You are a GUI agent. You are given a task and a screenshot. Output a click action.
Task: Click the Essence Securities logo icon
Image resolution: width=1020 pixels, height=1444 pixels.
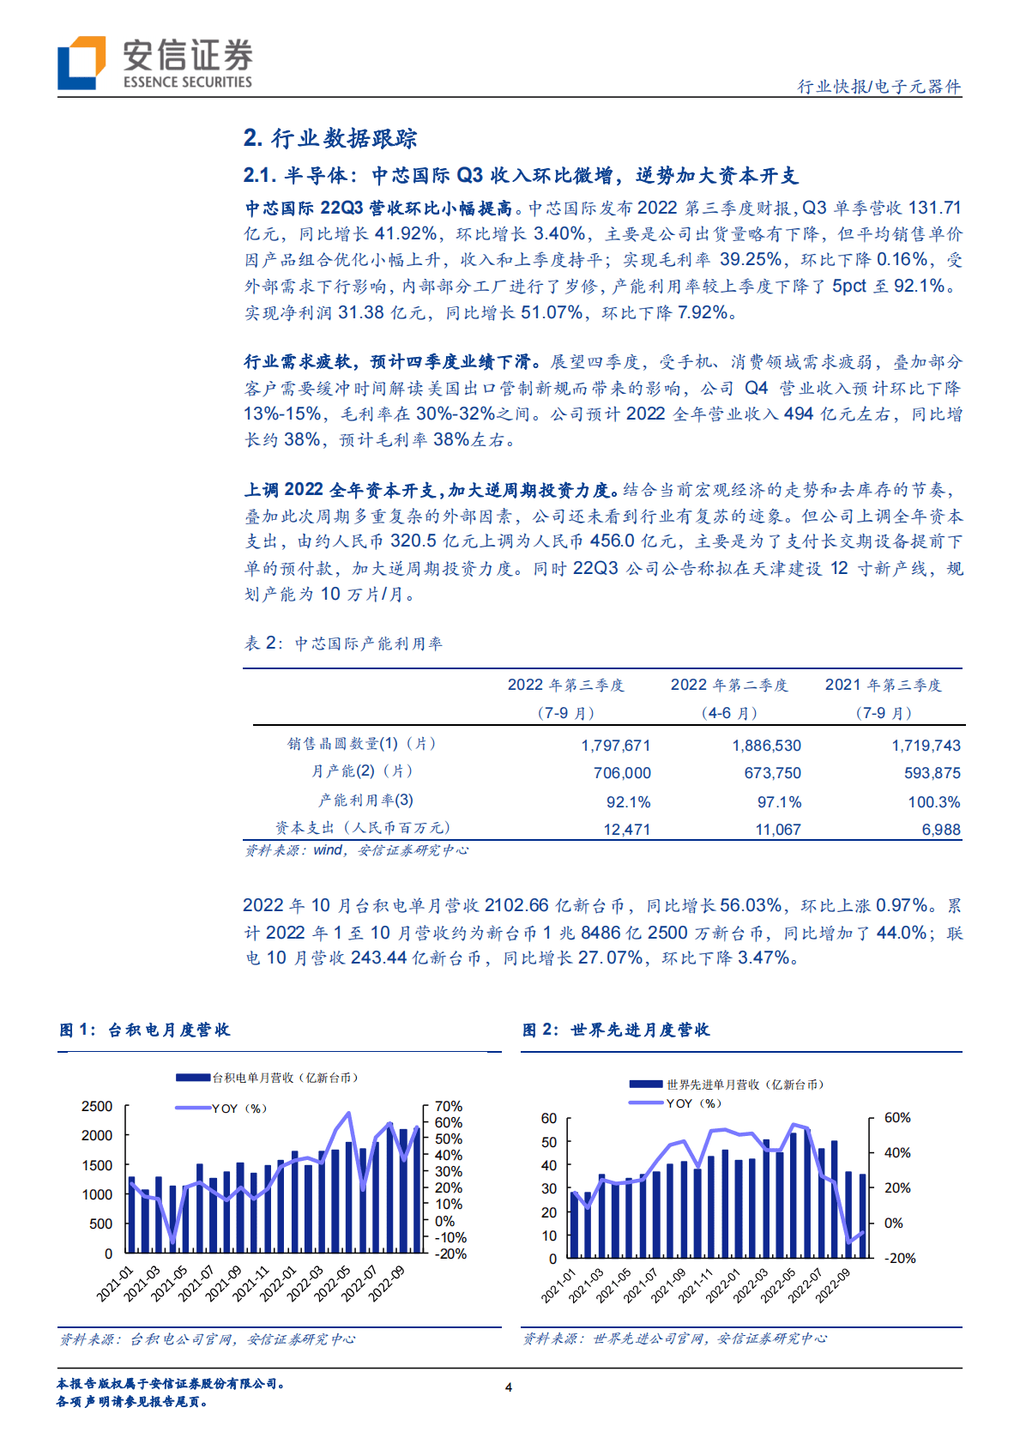81,63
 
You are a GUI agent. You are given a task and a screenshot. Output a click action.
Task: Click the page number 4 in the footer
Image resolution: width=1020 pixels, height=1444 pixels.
509,1387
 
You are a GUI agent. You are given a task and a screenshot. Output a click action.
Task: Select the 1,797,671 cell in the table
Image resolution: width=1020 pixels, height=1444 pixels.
615,746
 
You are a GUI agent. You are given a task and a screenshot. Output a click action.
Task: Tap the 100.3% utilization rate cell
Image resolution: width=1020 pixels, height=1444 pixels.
933,802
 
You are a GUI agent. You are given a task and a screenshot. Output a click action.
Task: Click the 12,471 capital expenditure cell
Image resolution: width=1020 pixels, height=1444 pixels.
626,830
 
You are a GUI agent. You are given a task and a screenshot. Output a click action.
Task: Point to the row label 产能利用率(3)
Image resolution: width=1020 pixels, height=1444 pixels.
365,801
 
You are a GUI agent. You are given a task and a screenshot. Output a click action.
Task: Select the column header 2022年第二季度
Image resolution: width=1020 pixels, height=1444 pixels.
729,685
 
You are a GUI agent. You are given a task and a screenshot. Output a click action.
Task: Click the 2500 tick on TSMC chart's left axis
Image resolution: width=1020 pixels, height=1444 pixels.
97,1107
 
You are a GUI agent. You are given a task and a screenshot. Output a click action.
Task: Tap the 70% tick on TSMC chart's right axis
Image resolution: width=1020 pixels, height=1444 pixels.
449,1107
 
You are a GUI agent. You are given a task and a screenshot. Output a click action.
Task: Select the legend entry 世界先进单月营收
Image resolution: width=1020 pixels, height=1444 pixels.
745,1085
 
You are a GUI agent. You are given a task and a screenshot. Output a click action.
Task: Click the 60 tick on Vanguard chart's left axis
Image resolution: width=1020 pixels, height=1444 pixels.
549,1118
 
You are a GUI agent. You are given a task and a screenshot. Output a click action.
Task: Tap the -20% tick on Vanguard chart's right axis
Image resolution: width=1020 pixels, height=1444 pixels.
900,1258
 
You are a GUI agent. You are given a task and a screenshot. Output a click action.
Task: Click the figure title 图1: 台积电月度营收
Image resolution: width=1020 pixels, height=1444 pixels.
145,1030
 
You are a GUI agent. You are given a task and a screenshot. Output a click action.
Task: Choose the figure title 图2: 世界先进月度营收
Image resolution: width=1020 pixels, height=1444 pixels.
616,1030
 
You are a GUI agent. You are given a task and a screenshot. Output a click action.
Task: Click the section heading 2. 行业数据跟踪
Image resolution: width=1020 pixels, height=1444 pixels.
330,138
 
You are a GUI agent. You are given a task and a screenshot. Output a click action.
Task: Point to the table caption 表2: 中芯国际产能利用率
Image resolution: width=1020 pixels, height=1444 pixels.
343,643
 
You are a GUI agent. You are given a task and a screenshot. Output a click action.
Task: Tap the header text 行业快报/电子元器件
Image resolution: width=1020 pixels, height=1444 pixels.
879,87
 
